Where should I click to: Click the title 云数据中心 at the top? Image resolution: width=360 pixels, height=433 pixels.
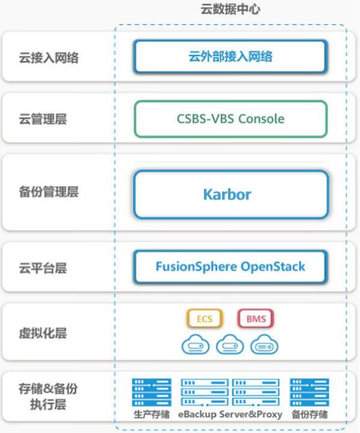click(230, 10)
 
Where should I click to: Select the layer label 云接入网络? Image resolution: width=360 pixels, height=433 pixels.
click(49, 58)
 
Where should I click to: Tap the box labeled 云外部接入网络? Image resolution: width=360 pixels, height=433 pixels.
click(230, 56)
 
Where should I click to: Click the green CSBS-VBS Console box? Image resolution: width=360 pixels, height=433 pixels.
click(230, 118)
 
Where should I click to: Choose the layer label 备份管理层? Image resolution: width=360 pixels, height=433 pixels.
click(49, 192)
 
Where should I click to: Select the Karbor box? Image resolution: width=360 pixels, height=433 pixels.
click(230, 194)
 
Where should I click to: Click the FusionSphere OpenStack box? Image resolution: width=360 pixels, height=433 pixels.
click(230, 266)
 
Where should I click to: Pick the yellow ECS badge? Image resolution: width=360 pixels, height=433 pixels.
click(205, 319)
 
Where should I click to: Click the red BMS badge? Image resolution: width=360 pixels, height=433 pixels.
click(256, 319)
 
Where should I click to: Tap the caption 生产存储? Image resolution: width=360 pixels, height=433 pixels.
click(151, 415)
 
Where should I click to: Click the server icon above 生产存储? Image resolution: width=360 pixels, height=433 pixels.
click(151, 393)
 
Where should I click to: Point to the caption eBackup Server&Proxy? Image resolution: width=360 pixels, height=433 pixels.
click(230, 415)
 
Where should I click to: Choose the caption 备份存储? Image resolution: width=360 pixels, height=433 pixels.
click(310, 415)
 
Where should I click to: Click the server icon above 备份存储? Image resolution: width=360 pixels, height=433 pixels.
click(310, 393)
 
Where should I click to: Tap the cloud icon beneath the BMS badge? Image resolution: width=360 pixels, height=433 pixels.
click(265, 345)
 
